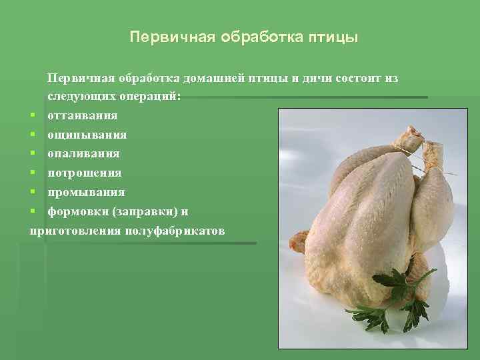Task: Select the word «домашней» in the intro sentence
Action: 215,79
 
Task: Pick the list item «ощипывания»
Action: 87,135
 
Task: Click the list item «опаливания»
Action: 83,154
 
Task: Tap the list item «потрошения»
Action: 84,173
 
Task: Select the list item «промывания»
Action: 85,193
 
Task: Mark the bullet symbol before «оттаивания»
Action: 33,116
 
